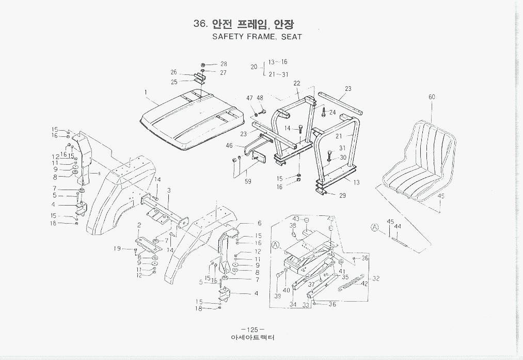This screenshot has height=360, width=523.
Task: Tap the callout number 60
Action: pos(432,97)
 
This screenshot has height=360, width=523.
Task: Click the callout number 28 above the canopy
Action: pos(224,64)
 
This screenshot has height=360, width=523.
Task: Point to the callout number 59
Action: pos(248,181)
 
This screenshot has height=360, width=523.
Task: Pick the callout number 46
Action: pos(229,146)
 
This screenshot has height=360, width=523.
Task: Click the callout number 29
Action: pos(343,195)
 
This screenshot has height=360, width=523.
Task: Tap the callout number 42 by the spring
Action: pos(364,284)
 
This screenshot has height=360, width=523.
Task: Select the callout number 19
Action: pos(118,248)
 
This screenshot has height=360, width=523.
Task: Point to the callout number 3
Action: pos(168,191)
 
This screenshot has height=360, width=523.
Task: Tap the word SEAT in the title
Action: pos(291,37)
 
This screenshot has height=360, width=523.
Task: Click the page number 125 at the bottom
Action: pos(252,330)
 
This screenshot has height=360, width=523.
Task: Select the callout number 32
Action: pos(376,279)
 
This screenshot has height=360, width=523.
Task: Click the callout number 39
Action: pos(278,296)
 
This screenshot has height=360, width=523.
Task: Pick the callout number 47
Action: pos(249,98)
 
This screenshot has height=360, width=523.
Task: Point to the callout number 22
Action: pos(297,83)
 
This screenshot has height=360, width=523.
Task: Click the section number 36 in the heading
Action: pos(200,24)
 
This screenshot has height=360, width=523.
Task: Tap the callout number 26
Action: pos(174,72)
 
